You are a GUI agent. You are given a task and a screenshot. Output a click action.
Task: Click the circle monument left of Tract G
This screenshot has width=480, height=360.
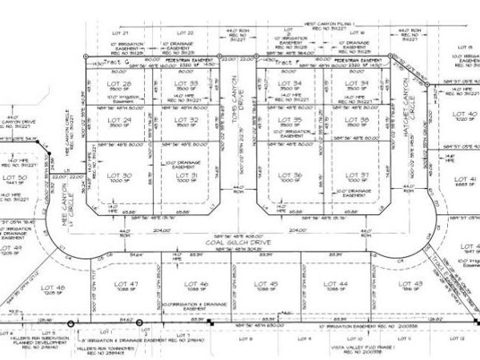tap(86, 57)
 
